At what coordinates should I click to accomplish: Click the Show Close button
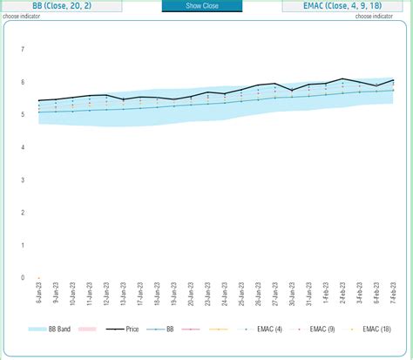click(202, 6)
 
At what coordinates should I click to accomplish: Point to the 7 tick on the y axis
click(22, 49)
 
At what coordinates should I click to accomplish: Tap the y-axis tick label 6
click(22, 82)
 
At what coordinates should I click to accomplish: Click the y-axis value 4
click(22, 147)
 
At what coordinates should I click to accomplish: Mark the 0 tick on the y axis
click(22, 278)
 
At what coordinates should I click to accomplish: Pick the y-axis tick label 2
click(22, 213)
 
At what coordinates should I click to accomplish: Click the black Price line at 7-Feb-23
click(393, 81)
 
